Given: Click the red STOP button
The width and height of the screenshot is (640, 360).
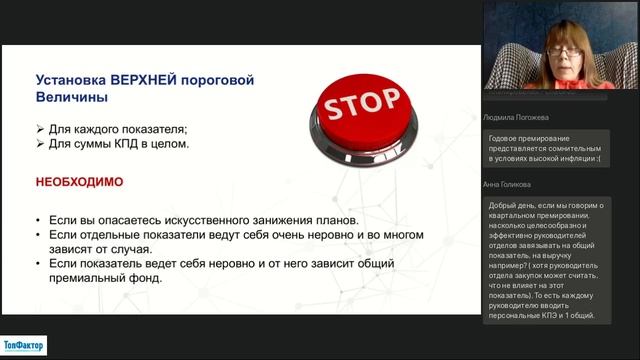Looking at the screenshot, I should click(x=363, y=105).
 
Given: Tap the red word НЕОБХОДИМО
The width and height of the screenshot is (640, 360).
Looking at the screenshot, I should click(x=79, y=183).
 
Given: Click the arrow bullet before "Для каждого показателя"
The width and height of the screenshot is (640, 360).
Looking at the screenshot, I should click(x=39, y=129).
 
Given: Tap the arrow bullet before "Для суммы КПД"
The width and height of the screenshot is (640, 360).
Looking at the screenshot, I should click(x=39, y=144).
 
